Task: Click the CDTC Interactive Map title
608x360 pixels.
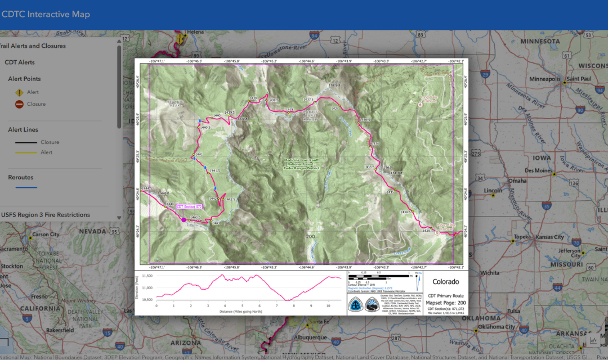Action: click(46, 14)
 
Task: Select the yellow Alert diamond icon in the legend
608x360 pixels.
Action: click(19, 92)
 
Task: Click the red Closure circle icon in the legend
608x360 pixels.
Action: click(19, 104)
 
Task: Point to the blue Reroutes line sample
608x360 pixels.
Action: click(23, 187)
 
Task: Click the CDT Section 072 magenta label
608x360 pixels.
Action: click(189, 206)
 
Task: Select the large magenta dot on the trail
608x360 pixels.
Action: click(184, 220)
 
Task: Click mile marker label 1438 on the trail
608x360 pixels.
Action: click(290, 109)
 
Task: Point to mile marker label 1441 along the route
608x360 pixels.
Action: click(198, 154)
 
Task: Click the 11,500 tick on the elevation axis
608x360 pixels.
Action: click(147, 276)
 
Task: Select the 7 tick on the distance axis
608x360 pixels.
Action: click(277, 306)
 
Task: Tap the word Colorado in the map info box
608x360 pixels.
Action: click(445, 282)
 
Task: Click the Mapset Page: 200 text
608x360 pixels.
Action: click(446, 303)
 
